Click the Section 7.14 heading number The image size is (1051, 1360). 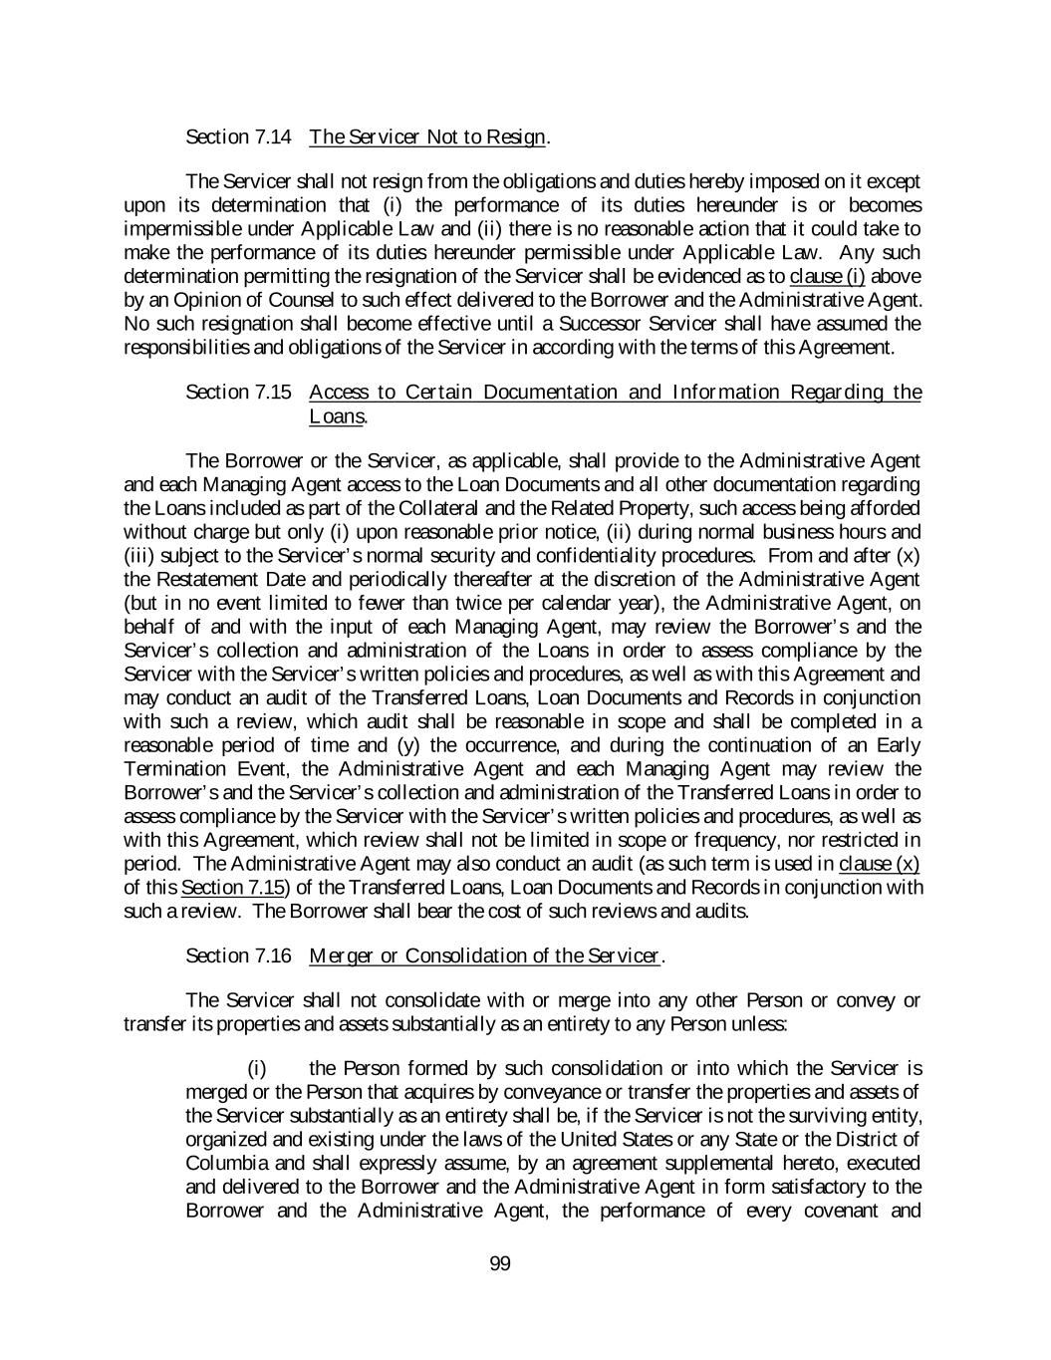(238, 136)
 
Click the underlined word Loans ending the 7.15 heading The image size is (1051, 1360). (336, 415)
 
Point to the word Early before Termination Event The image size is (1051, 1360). (896, 745)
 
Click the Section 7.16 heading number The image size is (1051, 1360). (238, 956)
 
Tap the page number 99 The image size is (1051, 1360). (500, 1264)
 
